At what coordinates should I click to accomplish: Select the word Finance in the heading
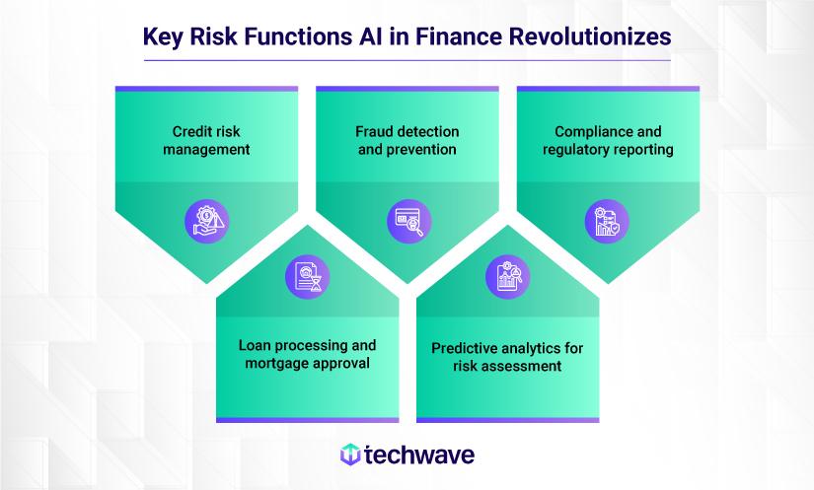(447, 36)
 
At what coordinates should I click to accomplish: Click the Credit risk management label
(206, 141)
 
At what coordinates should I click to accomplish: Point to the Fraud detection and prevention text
(407, 141)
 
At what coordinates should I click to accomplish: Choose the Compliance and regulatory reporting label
(608, 141)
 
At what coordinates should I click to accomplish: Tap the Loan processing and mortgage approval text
(307, 354)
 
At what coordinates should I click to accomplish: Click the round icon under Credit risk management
(206, 220)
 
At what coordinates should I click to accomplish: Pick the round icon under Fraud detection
(407, 220)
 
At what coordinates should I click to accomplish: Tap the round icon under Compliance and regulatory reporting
(608, 220)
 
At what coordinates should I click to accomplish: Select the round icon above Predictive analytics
(508, 277)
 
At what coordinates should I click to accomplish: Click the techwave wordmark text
(419, 455)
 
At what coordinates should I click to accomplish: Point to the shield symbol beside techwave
(349, 455)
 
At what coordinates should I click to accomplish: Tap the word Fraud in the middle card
(374, 132)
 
